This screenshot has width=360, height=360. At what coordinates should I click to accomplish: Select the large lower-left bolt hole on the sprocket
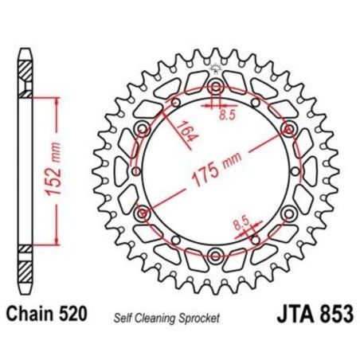(144, 213)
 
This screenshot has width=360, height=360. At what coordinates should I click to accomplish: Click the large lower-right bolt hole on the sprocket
(288, 213)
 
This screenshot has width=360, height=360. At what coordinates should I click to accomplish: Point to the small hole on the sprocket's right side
(295, 171)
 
